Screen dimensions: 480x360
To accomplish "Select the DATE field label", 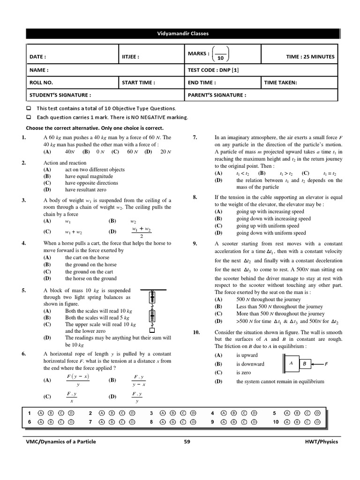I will pyautogui.click(x=37, y=57).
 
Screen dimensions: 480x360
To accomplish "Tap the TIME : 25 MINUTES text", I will pyautogui.click(x=310, y=57).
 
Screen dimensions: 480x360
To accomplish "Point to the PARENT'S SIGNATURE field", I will pyautogui.click(x=217, y=95).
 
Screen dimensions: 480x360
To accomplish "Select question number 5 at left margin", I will pyautogui.click(x=23, y=290).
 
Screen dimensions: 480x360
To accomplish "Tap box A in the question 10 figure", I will pyautogui.click(x=291, y=363).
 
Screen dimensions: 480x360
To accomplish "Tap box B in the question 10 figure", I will pyautogui.click(x=304, y=364).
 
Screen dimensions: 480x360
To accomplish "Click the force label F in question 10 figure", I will pyautogui.click(x=326, y=364).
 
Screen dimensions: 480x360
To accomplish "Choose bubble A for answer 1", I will pyautogui.click(x=41, y=413).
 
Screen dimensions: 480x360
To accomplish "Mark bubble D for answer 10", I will pyautogui.click(x=317, y=422).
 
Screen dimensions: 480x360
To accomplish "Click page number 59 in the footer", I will pyautogui.click(x=187, y=442).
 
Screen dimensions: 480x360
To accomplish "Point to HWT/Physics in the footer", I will pyautogui.click(x=321, y=442).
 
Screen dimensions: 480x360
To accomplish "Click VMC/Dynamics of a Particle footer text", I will pyautogui.click(x=60, y=442).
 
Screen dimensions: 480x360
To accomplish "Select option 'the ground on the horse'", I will pyautogui.click(x=90, y=265).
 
